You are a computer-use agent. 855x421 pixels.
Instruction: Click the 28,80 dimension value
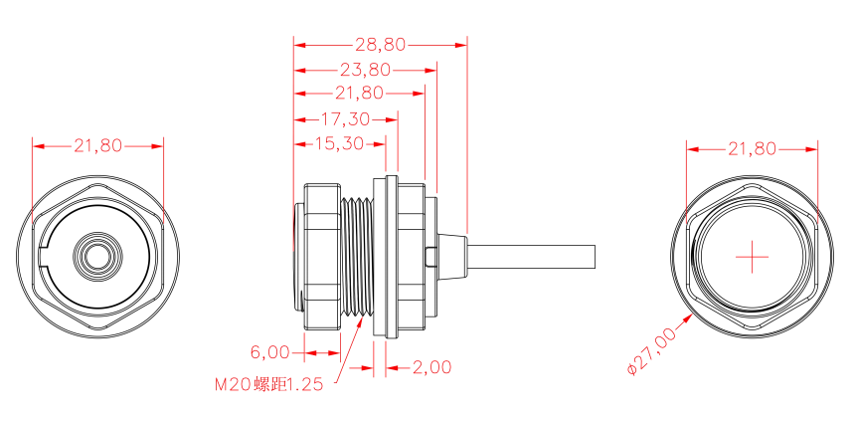(380, 45)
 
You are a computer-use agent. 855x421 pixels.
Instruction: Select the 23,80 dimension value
(365, 70)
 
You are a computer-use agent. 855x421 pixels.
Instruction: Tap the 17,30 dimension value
(345, 118)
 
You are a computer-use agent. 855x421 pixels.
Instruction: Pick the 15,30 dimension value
(338, 143)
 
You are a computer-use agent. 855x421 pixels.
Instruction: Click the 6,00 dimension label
(269, 352)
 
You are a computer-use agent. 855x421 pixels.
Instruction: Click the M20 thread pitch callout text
(268, 385)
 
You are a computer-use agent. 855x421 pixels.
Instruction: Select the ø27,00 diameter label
(652, 350)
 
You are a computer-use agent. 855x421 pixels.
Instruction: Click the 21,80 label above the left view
(97, 145)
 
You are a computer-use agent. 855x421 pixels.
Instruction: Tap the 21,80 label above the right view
(752, 148)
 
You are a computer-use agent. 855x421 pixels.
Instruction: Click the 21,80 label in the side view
(360, 94)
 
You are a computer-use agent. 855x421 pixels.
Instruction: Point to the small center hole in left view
(96, 256)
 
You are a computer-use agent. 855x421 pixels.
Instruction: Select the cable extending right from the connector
(537, 256)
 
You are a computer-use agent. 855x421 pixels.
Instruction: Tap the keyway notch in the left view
(44, 256)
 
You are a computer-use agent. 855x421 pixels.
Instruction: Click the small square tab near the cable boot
(429, 257)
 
